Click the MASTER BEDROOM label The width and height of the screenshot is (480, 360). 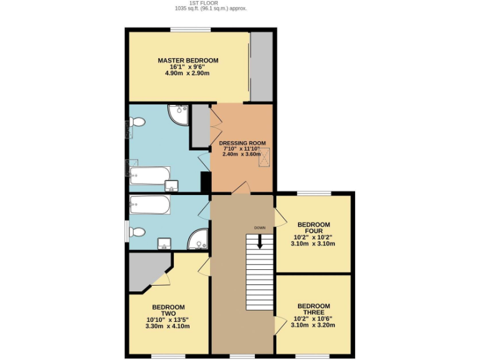pyautogui.click(x=187, y=60)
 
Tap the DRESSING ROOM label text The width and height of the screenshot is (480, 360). pyautogui.click(x=241, y=142)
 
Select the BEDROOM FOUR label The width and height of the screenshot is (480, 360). pyautogui.click(x=313, y=227)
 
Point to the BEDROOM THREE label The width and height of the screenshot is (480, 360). pyautogui.click(x=313, y=309)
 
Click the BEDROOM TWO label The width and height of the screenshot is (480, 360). pyautogui.click(x=168, y=310)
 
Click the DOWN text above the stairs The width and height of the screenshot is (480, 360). pyautogui.click(x=260, y=227)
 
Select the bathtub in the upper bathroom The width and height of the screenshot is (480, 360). pyautogui.click(x=149, y=175)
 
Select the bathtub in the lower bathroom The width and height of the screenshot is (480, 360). pyautogui.click(x=149, y=204)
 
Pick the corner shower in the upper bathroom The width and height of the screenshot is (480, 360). pyautogui.click(x=179, y=114)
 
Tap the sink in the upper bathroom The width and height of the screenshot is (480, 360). pyautogui.click(x=171, y=185)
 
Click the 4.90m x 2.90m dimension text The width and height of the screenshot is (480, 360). pyautogui.click(x=187, y=73)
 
